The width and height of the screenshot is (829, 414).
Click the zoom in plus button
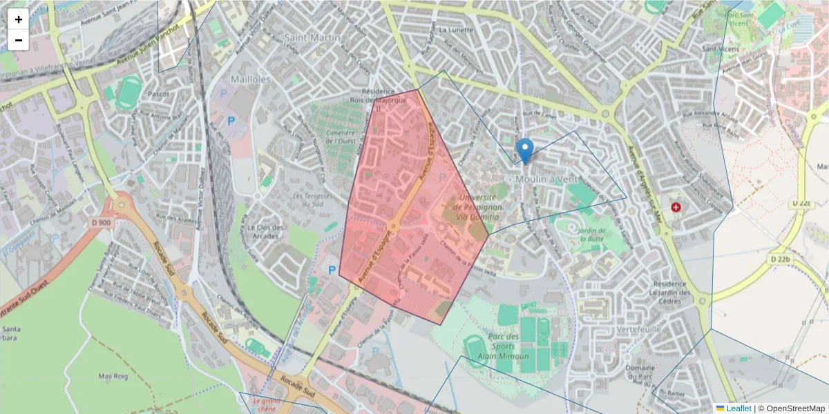(19, 19)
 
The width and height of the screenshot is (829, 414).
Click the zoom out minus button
(19, 40)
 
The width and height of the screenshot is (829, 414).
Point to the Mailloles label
(250, 79)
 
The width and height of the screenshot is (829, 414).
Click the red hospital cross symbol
(675, 206)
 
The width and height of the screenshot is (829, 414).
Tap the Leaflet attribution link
(739, 408)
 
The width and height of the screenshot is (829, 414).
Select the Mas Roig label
(115, 377)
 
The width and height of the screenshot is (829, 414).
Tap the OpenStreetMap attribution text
(795, 408)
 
